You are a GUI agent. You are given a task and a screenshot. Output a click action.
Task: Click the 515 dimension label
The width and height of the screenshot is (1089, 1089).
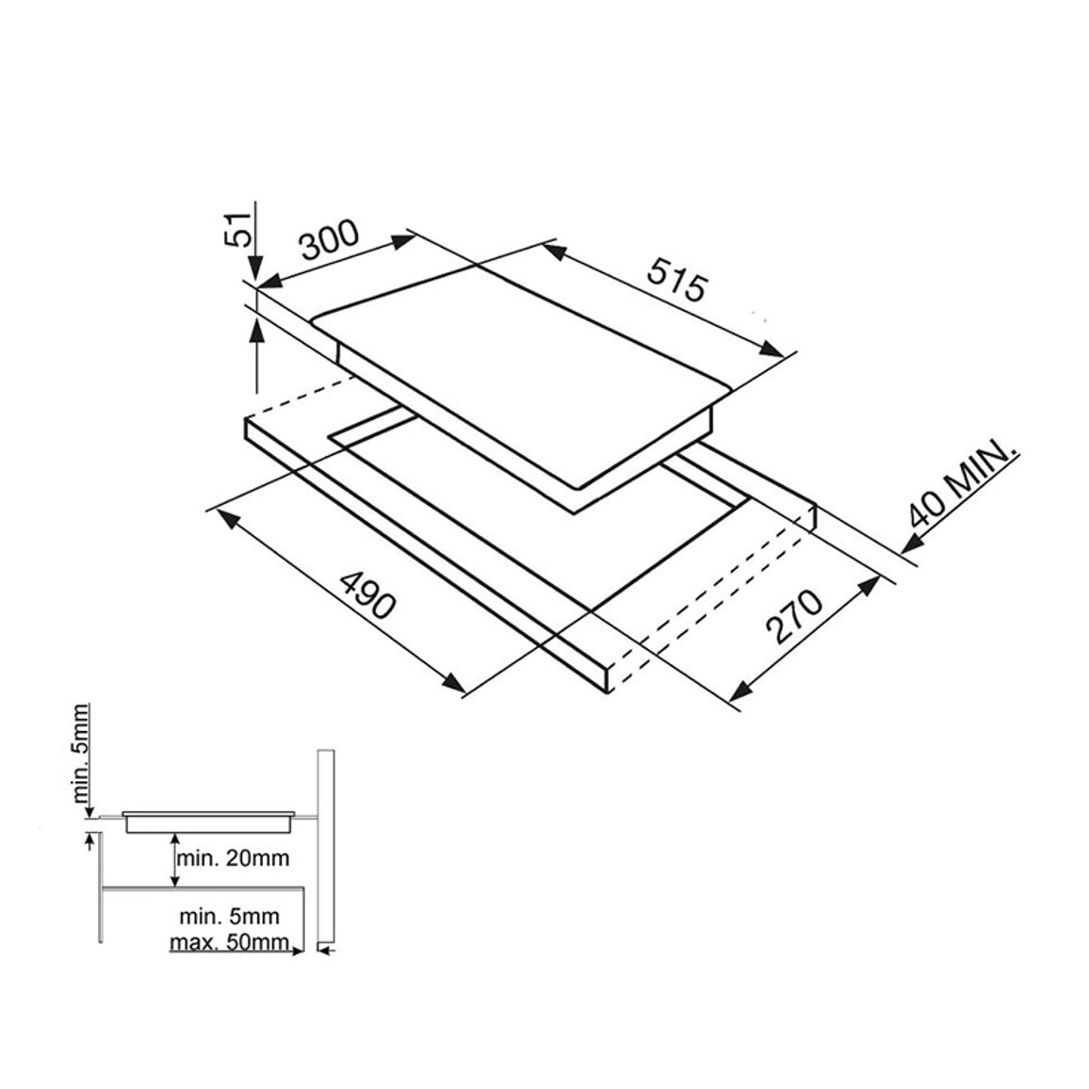(675, 279)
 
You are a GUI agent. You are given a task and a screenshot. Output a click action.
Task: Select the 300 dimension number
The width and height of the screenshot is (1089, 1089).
(329, 239)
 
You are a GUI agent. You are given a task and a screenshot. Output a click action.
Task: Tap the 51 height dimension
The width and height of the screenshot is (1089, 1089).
(237, 229)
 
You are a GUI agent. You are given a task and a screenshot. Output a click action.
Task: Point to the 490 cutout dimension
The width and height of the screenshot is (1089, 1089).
(367, 596)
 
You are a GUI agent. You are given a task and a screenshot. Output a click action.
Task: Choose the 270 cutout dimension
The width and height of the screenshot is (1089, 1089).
(794, 617)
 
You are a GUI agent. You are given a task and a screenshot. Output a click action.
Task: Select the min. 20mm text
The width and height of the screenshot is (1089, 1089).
(233, 858)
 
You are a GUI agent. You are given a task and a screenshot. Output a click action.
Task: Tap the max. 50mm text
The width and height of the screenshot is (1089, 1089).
(230, 942)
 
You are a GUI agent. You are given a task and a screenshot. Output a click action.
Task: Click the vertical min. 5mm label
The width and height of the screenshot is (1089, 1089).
(81, 753)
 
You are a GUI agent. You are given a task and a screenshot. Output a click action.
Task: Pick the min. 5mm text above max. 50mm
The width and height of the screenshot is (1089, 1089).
(229, 916)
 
